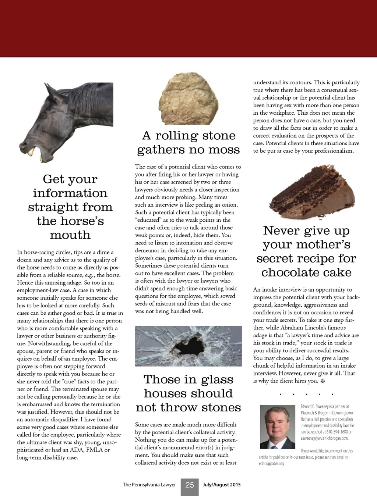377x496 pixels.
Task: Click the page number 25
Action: pyautogui.click(x=190, y=485)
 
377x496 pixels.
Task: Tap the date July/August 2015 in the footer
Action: pyautogui.click(x=222, y=485)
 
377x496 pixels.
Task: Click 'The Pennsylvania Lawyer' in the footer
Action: pyautogui.click(x=149, y=485)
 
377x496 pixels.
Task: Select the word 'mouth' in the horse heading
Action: pyautogui.click(x=70, y=235)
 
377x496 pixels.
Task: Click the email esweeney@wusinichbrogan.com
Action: pyautogui.click(x=324, y=438)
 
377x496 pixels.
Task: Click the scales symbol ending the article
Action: pyautogui.click(x=323, y=381)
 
